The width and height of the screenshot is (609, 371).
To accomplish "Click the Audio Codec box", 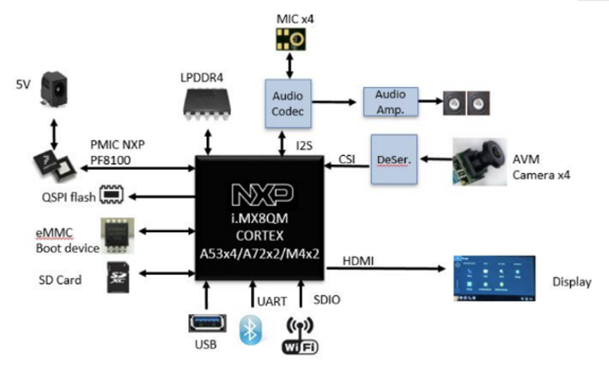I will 287,104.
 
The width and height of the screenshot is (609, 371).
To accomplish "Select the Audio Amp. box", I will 390,102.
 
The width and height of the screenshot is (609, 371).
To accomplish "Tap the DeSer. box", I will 393,159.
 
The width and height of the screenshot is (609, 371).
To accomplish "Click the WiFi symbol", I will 300,335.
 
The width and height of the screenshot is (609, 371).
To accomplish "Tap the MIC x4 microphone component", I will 287,39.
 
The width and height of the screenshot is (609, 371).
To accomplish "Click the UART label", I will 271,301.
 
